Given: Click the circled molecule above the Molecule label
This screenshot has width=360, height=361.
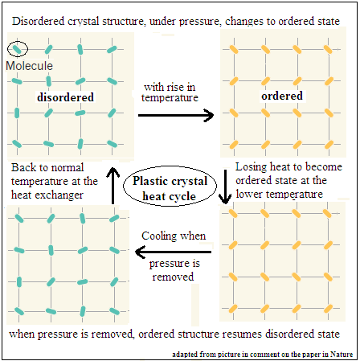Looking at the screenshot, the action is (x=17, y=49).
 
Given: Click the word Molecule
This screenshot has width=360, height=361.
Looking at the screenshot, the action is (x=29, y=66).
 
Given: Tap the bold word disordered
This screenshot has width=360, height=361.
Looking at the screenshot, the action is (x=65, y=97).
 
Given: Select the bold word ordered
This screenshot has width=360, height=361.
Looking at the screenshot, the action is (x=282, y=96).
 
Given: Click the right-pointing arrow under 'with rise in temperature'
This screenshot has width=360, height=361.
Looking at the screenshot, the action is (x=176, y=115).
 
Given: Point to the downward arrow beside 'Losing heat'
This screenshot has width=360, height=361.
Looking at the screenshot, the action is (x=225, y=187).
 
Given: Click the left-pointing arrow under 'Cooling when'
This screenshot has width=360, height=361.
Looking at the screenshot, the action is (x=173, y=252).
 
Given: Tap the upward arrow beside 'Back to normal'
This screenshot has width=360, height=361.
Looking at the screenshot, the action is (x=113, y=186).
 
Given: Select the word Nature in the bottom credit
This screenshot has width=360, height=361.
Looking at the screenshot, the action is (x=342, y=355).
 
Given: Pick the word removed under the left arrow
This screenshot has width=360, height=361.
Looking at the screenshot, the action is (x=173, y=277).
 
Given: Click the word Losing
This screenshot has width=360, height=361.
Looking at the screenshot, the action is (x=252, y=167).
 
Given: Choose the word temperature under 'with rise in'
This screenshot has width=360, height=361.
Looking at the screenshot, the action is (x=170, y=98).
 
